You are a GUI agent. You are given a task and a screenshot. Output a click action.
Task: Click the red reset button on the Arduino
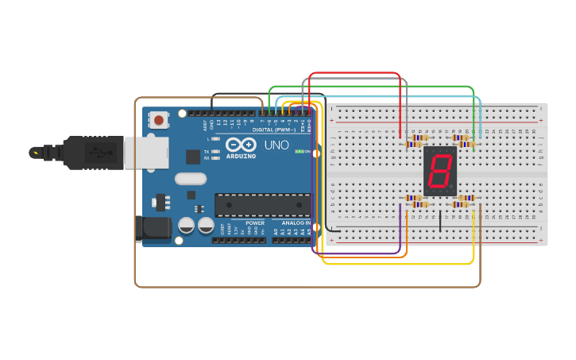(159, 121)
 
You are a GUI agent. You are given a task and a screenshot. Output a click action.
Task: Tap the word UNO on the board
(276, 145)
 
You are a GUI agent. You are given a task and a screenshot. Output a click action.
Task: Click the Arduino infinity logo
(241, 145)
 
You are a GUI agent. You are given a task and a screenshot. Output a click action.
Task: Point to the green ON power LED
(299, 151)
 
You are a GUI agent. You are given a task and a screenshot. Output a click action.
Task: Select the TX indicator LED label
(207, 151)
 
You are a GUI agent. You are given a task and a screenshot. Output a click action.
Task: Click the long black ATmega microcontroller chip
(262, 205)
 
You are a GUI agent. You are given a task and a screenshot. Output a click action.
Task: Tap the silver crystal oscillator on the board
(191, 179)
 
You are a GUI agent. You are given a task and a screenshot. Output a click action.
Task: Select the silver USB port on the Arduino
(147, 152)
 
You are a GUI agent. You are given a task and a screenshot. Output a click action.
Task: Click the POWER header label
(255, 223)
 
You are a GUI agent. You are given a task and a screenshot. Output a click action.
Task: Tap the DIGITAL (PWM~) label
(274, 130)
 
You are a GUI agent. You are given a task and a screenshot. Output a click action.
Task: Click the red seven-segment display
(440, 171)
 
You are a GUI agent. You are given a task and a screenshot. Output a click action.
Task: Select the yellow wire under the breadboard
(397, 263)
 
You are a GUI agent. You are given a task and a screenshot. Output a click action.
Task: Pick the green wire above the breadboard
(373, 87)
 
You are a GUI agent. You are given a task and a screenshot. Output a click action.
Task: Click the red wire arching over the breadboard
(358, 73)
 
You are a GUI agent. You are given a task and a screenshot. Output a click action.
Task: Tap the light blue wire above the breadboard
(381, 96)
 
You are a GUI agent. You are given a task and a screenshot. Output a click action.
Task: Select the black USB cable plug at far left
(48, 153)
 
